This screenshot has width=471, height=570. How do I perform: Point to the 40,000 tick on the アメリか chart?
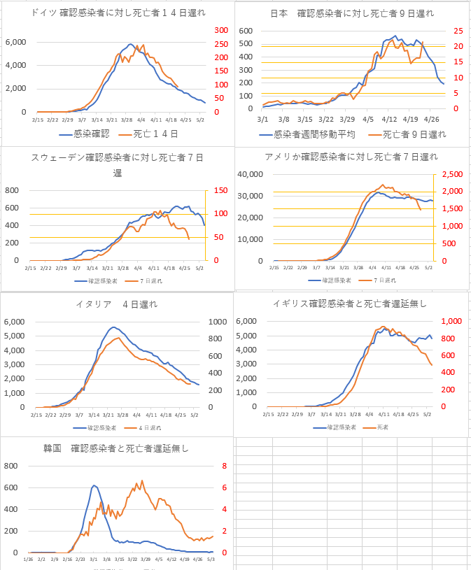[249, 175]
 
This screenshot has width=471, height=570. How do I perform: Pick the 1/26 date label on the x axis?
[28, 560]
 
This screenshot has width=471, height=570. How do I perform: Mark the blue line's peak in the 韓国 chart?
[94, 485]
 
